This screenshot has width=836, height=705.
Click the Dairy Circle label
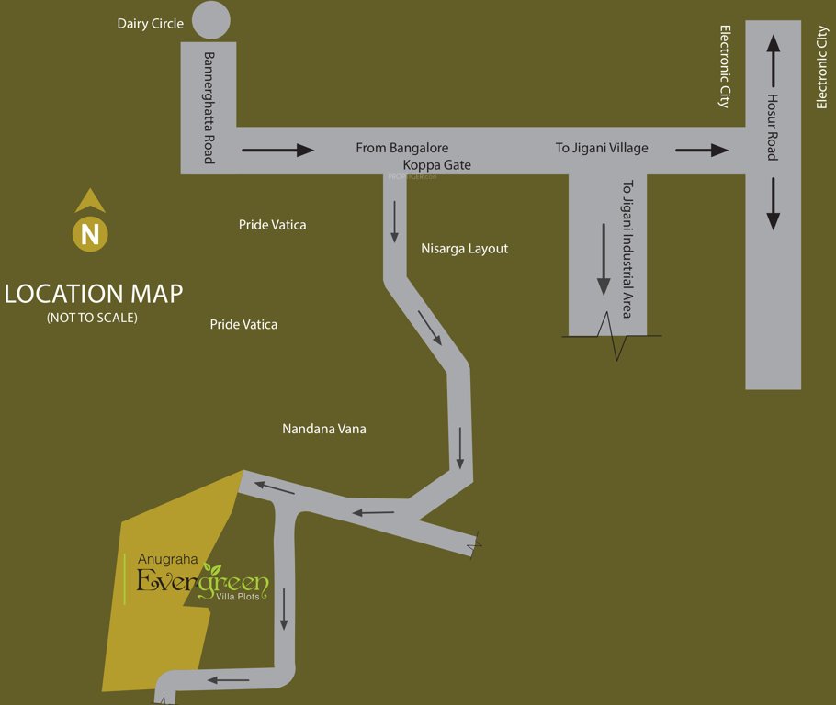click(151, 23)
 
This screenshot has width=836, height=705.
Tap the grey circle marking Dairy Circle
click(211, 20)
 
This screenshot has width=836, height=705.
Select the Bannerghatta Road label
click(209, 107)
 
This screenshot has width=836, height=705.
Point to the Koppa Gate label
click(437, 165)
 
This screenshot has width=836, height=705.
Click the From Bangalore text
click(402, 148)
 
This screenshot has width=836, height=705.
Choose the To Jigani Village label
click(602, 148)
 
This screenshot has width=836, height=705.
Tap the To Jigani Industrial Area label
click(627, 248)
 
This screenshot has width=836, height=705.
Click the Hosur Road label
click(773, 127)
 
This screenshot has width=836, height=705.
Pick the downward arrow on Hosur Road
click(773, 204)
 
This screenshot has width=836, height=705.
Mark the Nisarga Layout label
click(464, 249)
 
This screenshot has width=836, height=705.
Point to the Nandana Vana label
click(324, 429)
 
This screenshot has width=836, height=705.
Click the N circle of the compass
click(90, 234)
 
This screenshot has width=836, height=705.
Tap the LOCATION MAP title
click(93, 295)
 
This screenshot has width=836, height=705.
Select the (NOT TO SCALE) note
click(92, 319)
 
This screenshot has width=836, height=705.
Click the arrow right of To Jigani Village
click(702, 150)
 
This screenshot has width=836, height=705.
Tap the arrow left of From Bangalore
click(277, 150)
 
